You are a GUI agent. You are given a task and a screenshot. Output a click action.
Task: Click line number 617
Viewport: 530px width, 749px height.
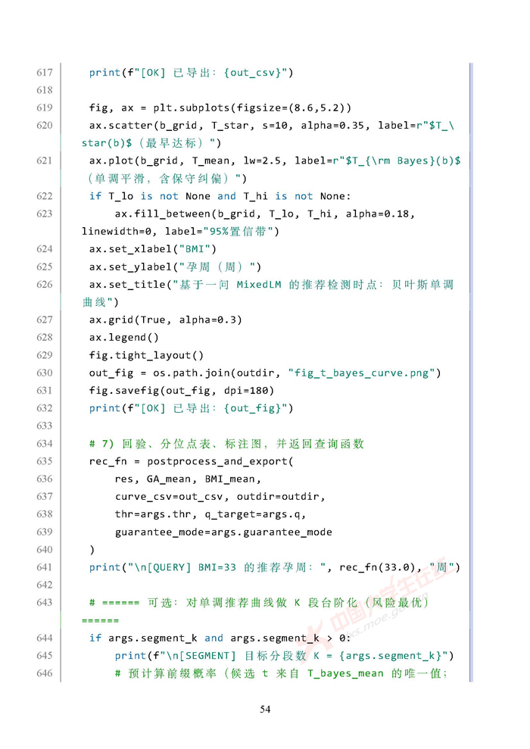point(44,73)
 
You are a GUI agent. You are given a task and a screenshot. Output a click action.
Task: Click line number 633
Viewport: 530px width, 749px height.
point(44,426)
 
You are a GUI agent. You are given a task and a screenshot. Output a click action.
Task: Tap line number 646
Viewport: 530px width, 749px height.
point(44,673)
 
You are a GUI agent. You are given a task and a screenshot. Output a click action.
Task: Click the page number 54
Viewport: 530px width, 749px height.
point(265,710)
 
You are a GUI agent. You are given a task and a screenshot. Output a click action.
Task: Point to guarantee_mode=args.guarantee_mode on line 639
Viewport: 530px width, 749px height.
point(223,532)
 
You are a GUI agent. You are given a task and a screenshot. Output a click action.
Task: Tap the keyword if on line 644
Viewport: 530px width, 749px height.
point(95,638)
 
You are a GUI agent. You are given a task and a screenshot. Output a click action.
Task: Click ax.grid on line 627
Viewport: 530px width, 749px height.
point(111,320)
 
